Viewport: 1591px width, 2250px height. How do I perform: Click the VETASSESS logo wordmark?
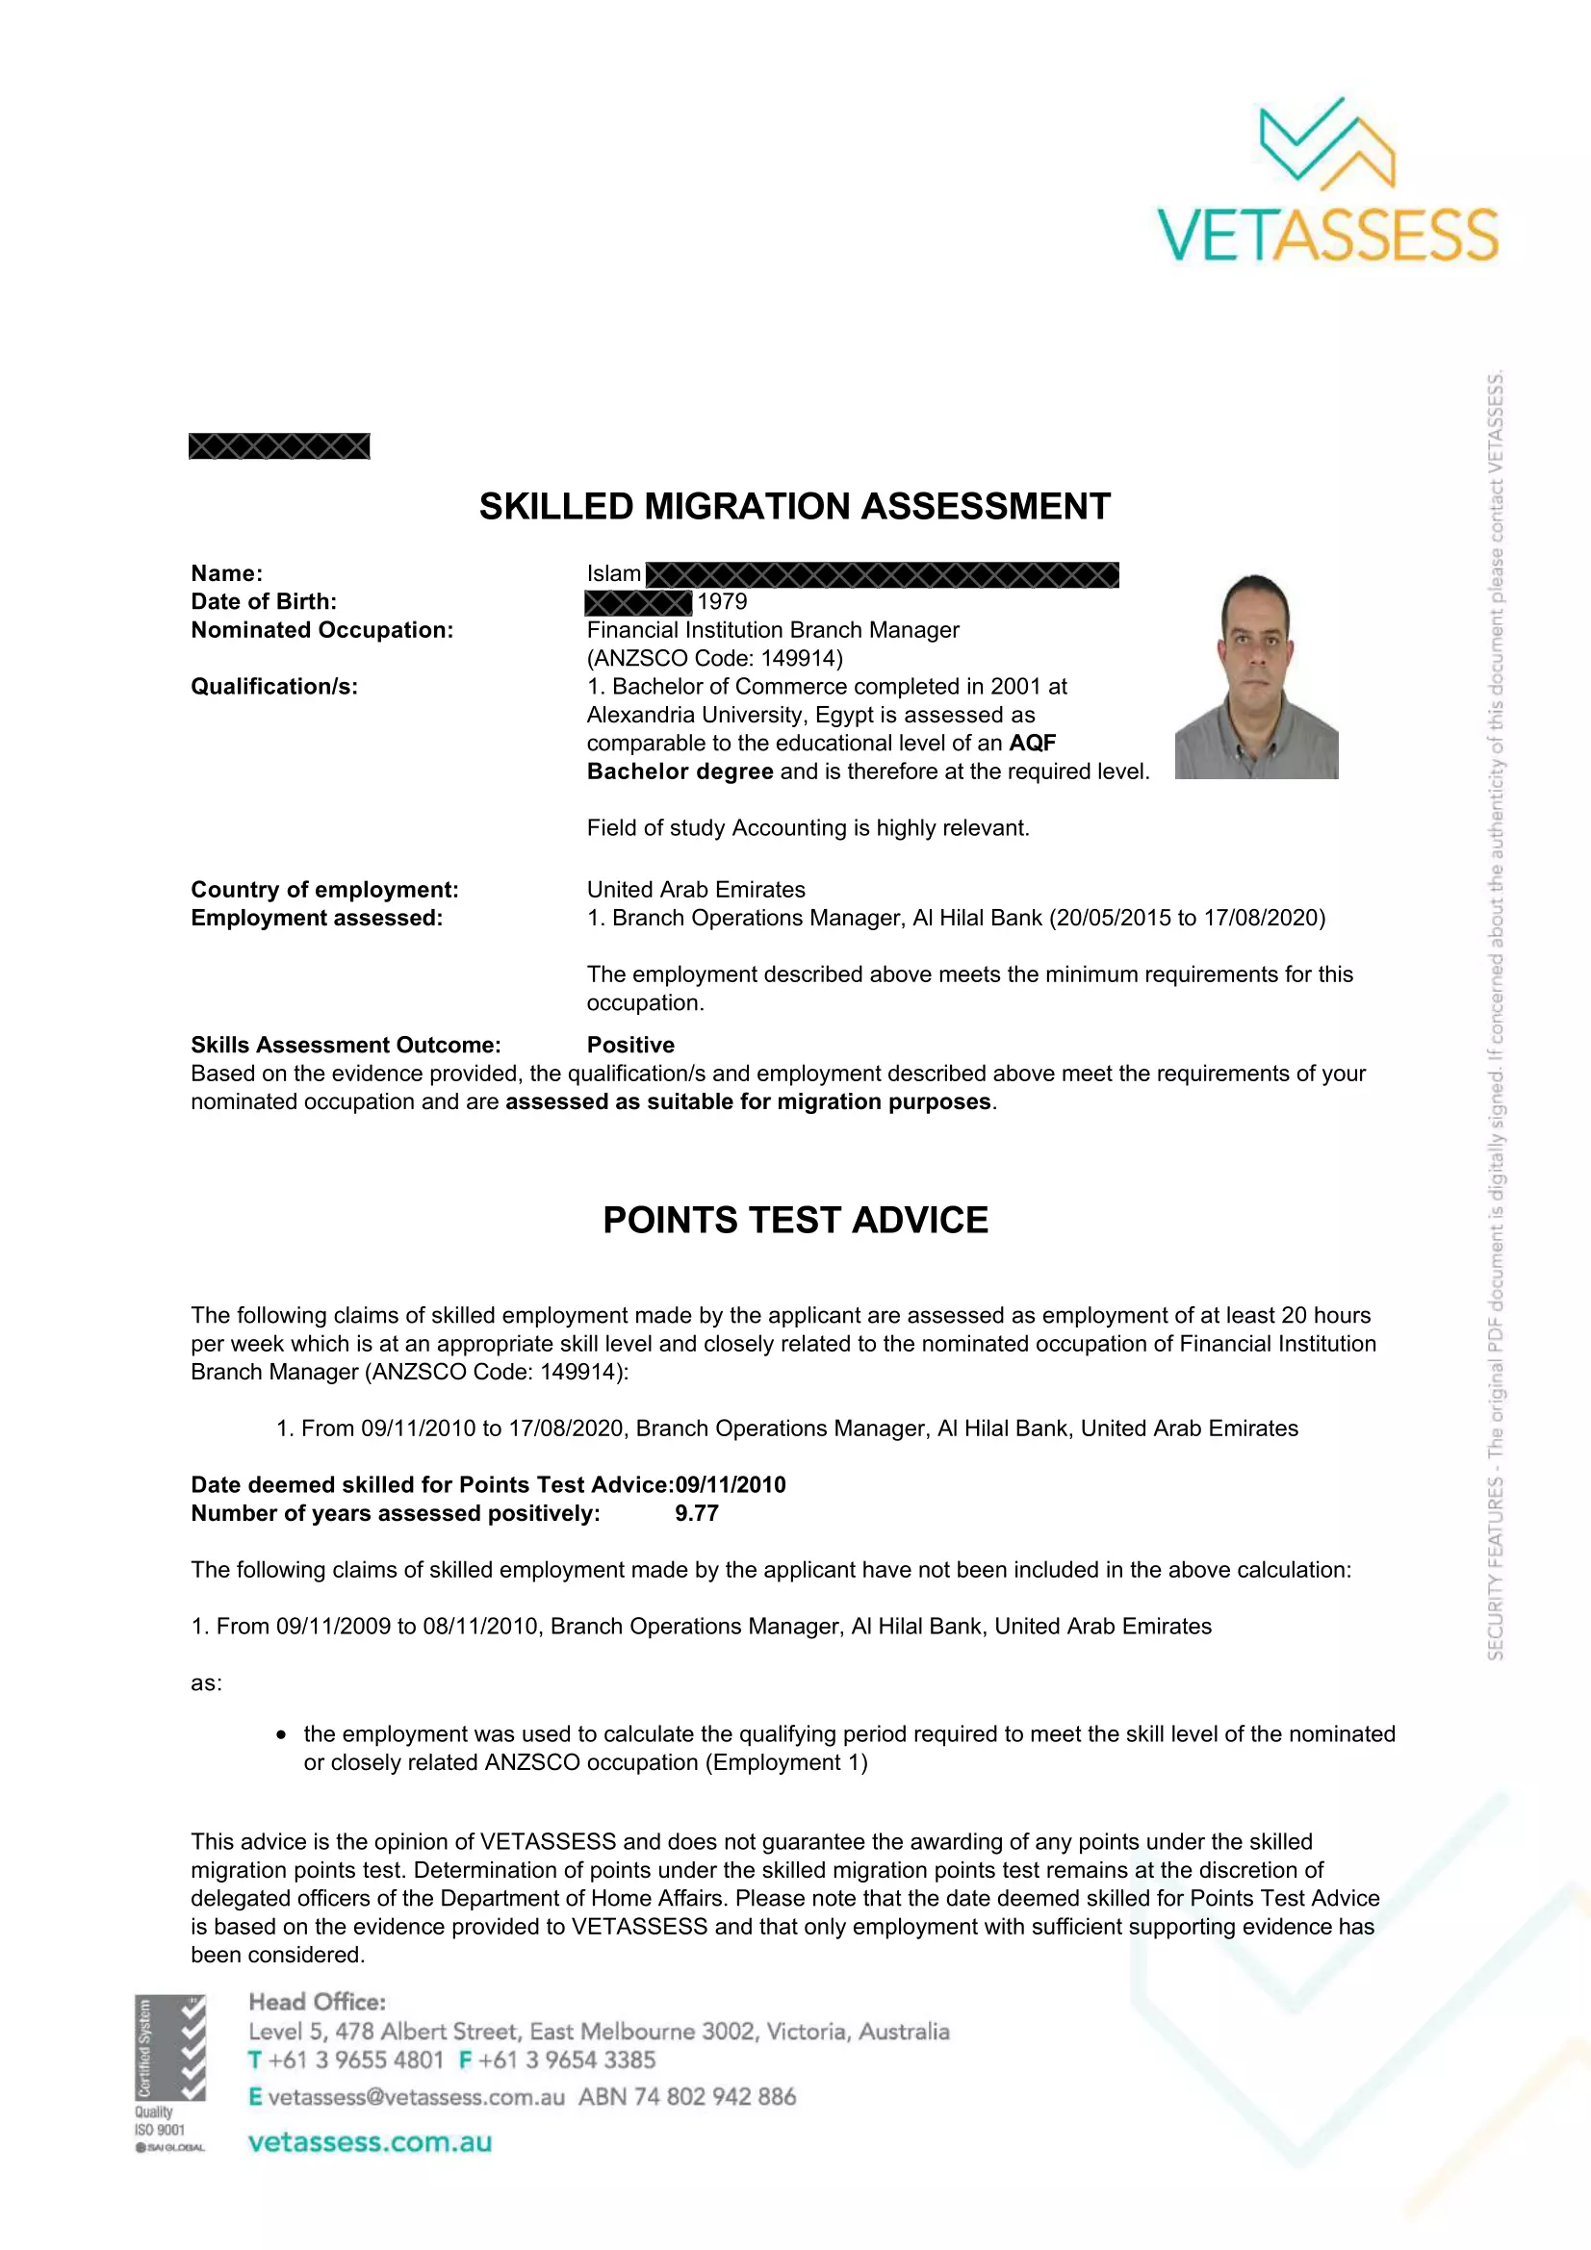pos(1327,235)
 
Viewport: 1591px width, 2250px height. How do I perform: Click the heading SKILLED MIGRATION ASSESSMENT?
pos(794,507)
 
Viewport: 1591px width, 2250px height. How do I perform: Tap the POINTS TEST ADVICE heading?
pos(795,1220)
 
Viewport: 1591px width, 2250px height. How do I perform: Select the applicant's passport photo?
pos(1256,676)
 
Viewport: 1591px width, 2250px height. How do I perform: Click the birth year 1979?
pos(722,601)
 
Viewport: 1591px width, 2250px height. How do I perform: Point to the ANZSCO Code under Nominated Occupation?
pos(714,659)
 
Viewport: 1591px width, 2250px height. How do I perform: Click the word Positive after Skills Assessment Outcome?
pos(630,1045)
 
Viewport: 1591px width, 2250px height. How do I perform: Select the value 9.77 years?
pos(696,1513)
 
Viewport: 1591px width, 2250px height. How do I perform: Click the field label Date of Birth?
pos(264,601)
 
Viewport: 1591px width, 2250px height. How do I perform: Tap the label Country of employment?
pos(324,890)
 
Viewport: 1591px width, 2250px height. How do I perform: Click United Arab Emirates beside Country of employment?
pos(696,890)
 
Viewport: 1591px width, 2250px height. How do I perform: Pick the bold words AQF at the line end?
pos(1032,743)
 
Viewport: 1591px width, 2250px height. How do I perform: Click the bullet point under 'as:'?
pos(282,1735)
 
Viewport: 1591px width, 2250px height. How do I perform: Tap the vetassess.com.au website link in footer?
pos(370,2142)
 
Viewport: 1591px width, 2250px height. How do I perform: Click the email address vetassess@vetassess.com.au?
pos(416,2097)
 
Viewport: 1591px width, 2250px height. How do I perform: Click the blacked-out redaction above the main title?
pos(279,447)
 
